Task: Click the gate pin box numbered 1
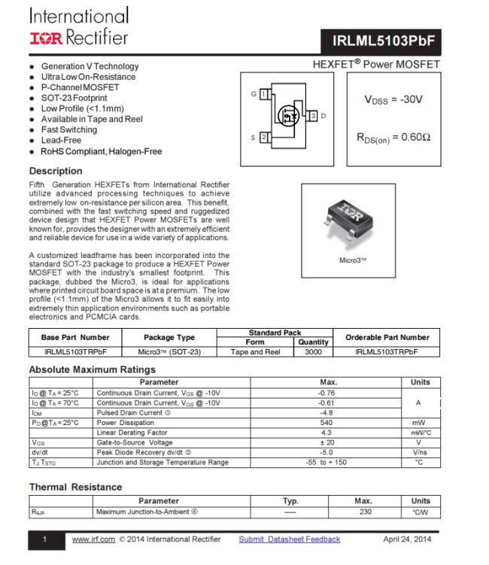(x=264, y=94)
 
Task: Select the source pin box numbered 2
(x=264, y=138)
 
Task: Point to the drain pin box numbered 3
(x=312, y=115)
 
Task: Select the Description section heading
(x=56, y=171)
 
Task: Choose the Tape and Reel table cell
(x=256, y=351)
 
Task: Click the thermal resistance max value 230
(x=363, y=512)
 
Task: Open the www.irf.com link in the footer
(x=93, y=539)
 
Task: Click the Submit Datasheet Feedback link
(x=289, y=539)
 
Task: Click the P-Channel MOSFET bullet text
(x=80, y=87)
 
